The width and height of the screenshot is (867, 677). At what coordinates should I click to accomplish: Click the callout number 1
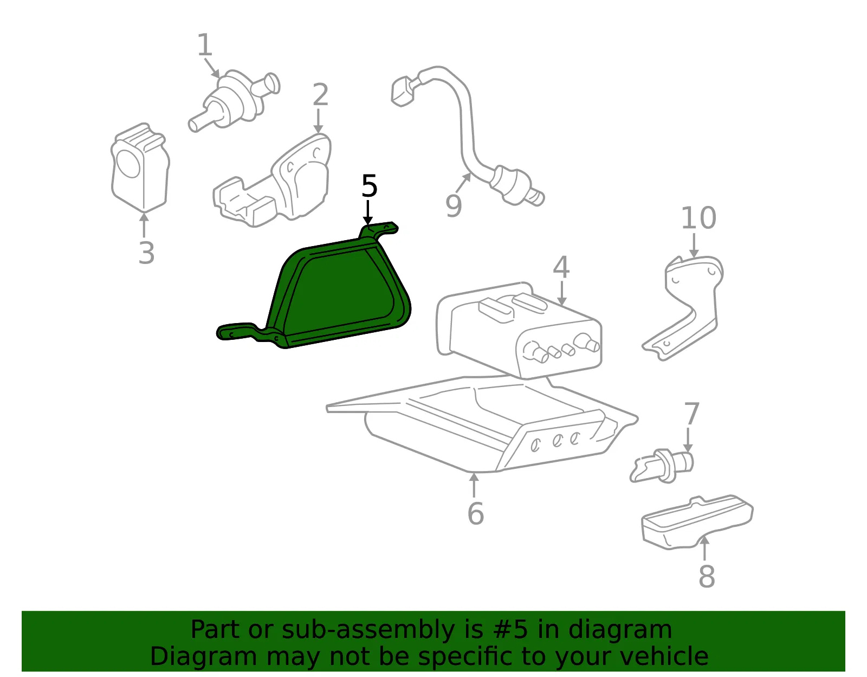click(205, 44)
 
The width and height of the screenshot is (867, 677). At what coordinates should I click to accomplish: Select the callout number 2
click(320, 94)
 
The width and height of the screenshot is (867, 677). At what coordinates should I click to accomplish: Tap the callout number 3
click(146, 253)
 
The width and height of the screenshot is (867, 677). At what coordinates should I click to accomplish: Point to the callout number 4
click(561, 267)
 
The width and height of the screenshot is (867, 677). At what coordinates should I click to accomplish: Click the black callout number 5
click(370, 186)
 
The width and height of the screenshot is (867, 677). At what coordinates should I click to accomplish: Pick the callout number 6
click(476, 513)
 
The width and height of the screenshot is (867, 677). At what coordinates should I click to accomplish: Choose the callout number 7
click(692, 414)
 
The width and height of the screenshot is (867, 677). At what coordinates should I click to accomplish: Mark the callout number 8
click(707, 576)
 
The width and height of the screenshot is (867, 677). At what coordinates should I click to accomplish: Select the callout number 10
click(698, 218)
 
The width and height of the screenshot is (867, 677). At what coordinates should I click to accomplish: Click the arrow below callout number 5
click(368, 212)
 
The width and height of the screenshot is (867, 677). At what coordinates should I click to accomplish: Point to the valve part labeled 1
click(235, 100)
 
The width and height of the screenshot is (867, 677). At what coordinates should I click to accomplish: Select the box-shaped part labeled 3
click(140, 167)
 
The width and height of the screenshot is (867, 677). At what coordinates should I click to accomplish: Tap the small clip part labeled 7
click(662, 466)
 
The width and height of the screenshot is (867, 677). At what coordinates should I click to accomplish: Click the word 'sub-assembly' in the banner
click(368, 629)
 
